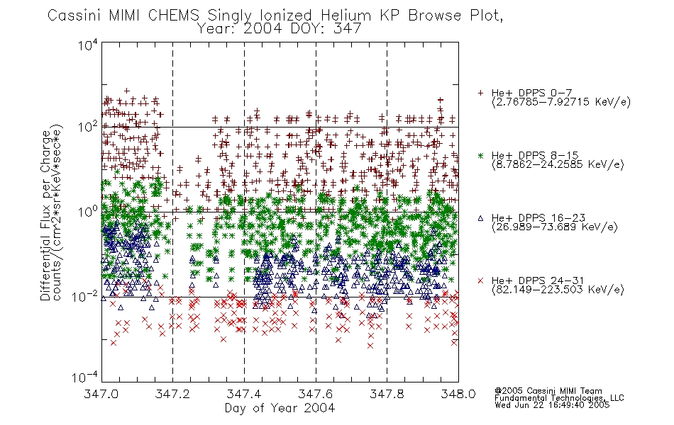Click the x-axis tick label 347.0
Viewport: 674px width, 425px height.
click(101, 394)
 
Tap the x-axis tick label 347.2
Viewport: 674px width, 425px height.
click(173, 394)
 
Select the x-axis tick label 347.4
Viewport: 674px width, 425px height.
click(244, 394)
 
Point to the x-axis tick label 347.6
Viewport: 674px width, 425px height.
click(316, 394)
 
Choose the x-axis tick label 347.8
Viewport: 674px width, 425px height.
click(387, 394)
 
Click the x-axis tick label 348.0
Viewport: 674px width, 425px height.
click(458, 394)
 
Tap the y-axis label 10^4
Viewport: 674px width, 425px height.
click(88, 45)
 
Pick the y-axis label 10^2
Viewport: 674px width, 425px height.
click(88, 127)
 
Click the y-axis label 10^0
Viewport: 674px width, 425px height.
click(88, 212)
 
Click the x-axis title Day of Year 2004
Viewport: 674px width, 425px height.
click(280, 408)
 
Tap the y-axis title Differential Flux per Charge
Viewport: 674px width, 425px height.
click(45, 216)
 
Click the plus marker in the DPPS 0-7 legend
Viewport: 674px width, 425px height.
click(480, 93)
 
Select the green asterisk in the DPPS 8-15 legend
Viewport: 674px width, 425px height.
click(480, 155)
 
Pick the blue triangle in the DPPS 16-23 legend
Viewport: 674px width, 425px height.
click(480, 218)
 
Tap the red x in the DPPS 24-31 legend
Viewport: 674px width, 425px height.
click(480, 280)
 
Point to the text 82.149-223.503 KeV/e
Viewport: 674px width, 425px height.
click(558, 290)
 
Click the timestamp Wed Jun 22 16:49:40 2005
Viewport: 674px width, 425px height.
click(552, 405)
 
